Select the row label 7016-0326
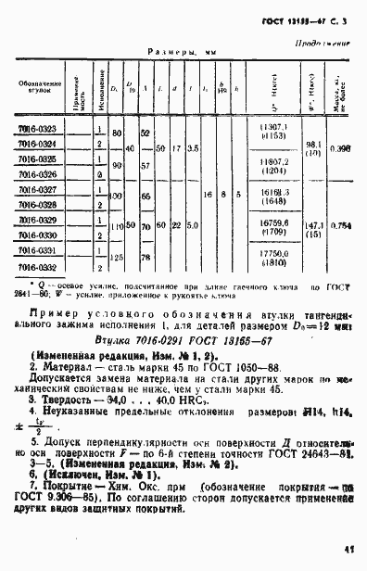point(37,174)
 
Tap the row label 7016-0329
point(37,221)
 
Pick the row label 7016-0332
point(37,267)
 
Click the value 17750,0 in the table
point(276,252)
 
